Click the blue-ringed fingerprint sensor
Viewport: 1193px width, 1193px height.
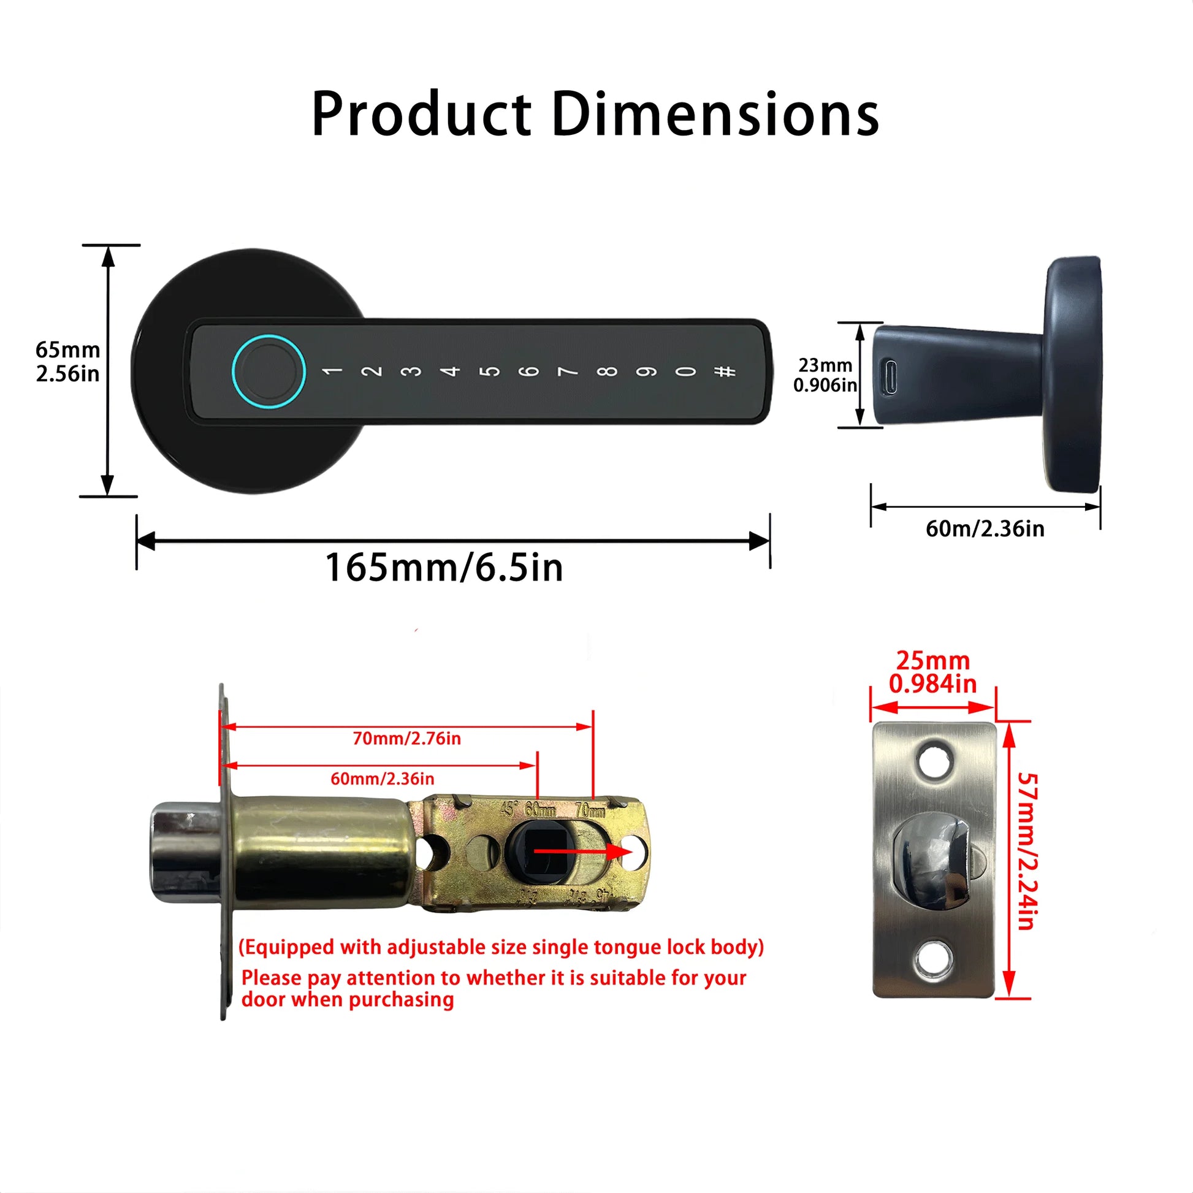pyautogui.click(x=269, y=371)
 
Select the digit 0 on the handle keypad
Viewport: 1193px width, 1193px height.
pyautogui.click(x=685, y=371)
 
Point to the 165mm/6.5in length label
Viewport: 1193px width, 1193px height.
pyautogui.click(x=444, y=568)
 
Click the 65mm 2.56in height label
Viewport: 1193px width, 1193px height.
pyautogui.click(x=67, y=361)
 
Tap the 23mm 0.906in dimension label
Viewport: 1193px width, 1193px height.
pyautogui.click(x=825, y=375)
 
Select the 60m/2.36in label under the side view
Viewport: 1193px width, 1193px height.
pyautogui.click(x=985, y=528)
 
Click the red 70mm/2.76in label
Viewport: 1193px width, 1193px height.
pyautogui.click(x=407, y=739)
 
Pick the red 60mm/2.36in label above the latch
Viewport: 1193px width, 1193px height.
pyautogui.click(x=382, y=779)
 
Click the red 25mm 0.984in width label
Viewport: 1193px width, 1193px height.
pyautogui.click(x=933, y=673)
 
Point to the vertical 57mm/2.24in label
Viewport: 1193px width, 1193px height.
pyautogui.click(x=1027, y=852)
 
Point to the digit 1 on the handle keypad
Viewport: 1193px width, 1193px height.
pyautogui.click(x=332, y=371)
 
